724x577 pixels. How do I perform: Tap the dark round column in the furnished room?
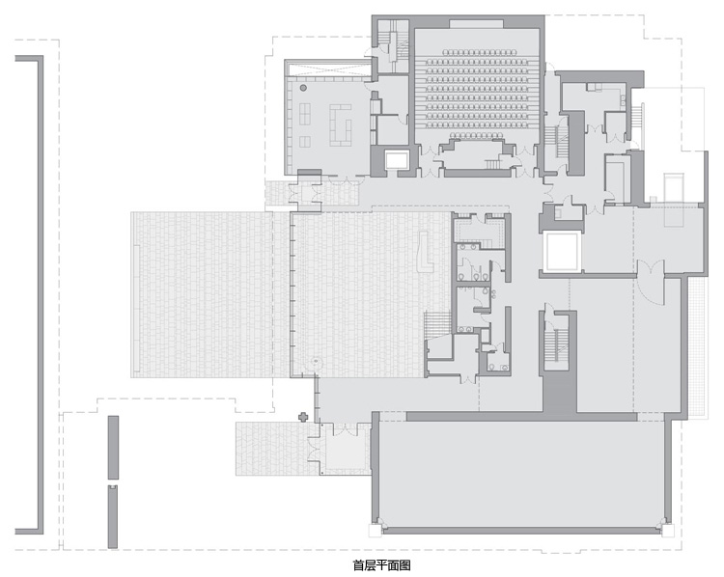click(x=303, y=88)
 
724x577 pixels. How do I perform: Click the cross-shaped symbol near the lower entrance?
click(x=303, y=417)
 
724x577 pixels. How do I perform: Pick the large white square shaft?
click(x=562, y=252)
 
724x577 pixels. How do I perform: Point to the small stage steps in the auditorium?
click(x=491, y=163)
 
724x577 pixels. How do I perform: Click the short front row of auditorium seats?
click(x=476, y=135)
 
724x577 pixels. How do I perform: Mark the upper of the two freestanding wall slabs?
click(x=113, y=448)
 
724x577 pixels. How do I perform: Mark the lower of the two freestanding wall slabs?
click(x=113, y=516)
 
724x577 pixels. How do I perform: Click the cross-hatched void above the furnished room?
click(x=328, y=70)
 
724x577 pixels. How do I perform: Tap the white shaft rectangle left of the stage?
click(x=397, y=160)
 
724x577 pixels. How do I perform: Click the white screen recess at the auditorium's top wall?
click(x=477, y=23)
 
